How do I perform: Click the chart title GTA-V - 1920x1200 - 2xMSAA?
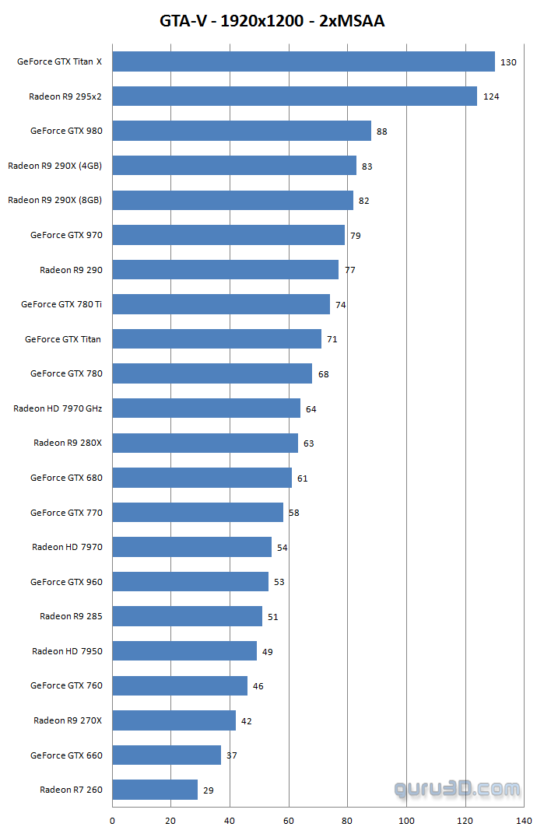click(272, 21)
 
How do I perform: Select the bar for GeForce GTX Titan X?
click(304, 61)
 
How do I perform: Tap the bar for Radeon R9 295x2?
click(294, 96)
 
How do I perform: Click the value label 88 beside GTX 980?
click(381, 131)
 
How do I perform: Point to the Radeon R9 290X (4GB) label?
click(54, 166)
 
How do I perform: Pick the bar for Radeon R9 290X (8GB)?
click(233, 200)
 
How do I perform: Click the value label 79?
click(355, 236)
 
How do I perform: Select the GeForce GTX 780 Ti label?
click(61, 304)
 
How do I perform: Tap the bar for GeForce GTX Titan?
click(216, 339)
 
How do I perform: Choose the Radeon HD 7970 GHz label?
click(58, 408)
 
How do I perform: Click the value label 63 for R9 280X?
click(308, 443)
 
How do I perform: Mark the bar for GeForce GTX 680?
click(202, 478)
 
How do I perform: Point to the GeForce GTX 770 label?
click(66, 513)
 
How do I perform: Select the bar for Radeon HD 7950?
click(184, 651)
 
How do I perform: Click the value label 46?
click(258, 686)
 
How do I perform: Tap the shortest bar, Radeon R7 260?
click(155, 790)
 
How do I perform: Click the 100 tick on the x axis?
click(406, 820)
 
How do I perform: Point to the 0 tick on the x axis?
click(112, 820)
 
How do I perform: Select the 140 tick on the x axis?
click(524, 820)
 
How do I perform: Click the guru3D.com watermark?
click(457, 789)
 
